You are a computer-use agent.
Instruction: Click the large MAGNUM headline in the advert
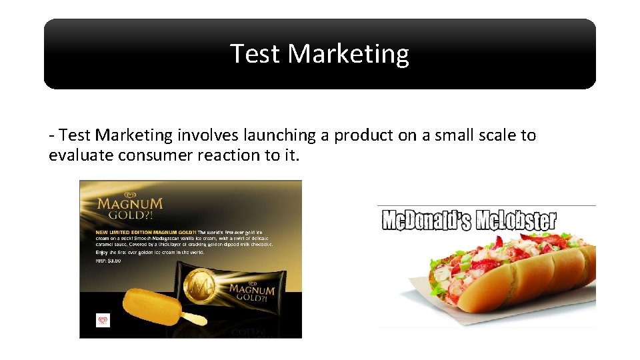click(x=129, y=204)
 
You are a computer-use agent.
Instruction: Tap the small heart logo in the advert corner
click(x=103, y=321)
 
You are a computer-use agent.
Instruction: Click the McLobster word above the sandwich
click(x=515, y=221)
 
